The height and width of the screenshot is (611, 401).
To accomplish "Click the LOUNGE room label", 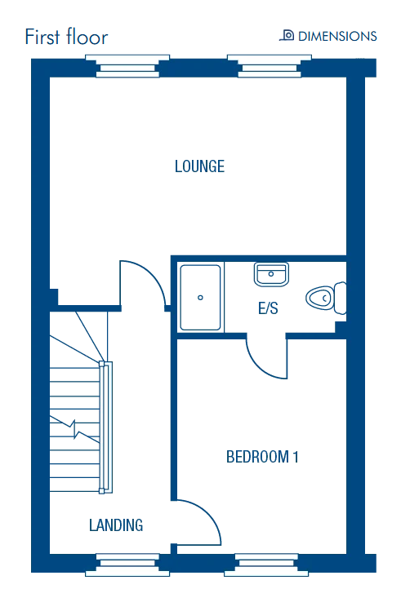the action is [x=199, y=166].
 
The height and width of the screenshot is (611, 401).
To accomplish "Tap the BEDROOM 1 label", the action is [x=262, y=457].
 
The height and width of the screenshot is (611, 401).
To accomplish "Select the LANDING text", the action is [x=116, y=525].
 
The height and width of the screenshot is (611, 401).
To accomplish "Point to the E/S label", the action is [x=268, y=308].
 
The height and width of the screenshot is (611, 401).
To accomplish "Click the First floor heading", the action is [x=66, y=38].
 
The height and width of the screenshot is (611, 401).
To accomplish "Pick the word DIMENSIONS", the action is [x=337, y=36].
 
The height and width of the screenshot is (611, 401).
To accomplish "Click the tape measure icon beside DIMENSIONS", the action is [x=287, y=35].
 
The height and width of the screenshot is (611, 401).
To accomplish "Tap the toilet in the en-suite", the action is [x=326, y=298].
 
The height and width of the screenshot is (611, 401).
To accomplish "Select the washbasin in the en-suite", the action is [x=271, y=274].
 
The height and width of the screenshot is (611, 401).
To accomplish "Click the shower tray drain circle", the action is [x=200, y=298].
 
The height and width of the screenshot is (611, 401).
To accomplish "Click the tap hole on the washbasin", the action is [x=270, y=274].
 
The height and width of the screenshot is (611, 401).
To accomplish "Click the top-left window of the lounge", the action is [x=127, y=66].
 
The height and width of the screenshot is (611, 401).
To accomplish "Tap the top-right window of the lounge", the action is [x=270, y=66].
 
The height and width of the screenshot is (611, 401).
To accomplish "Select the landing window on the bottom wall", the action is [x=127, y=565].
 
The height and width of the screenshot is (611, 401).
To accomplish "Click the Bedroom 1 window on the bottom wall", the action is [x=266, y=565].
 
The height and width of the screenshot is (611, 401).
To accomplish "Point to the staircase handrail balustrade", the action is [x=105, y=427].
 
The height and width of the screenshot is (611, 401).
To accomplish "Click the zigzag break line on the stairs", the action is [x=74, y=429].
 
